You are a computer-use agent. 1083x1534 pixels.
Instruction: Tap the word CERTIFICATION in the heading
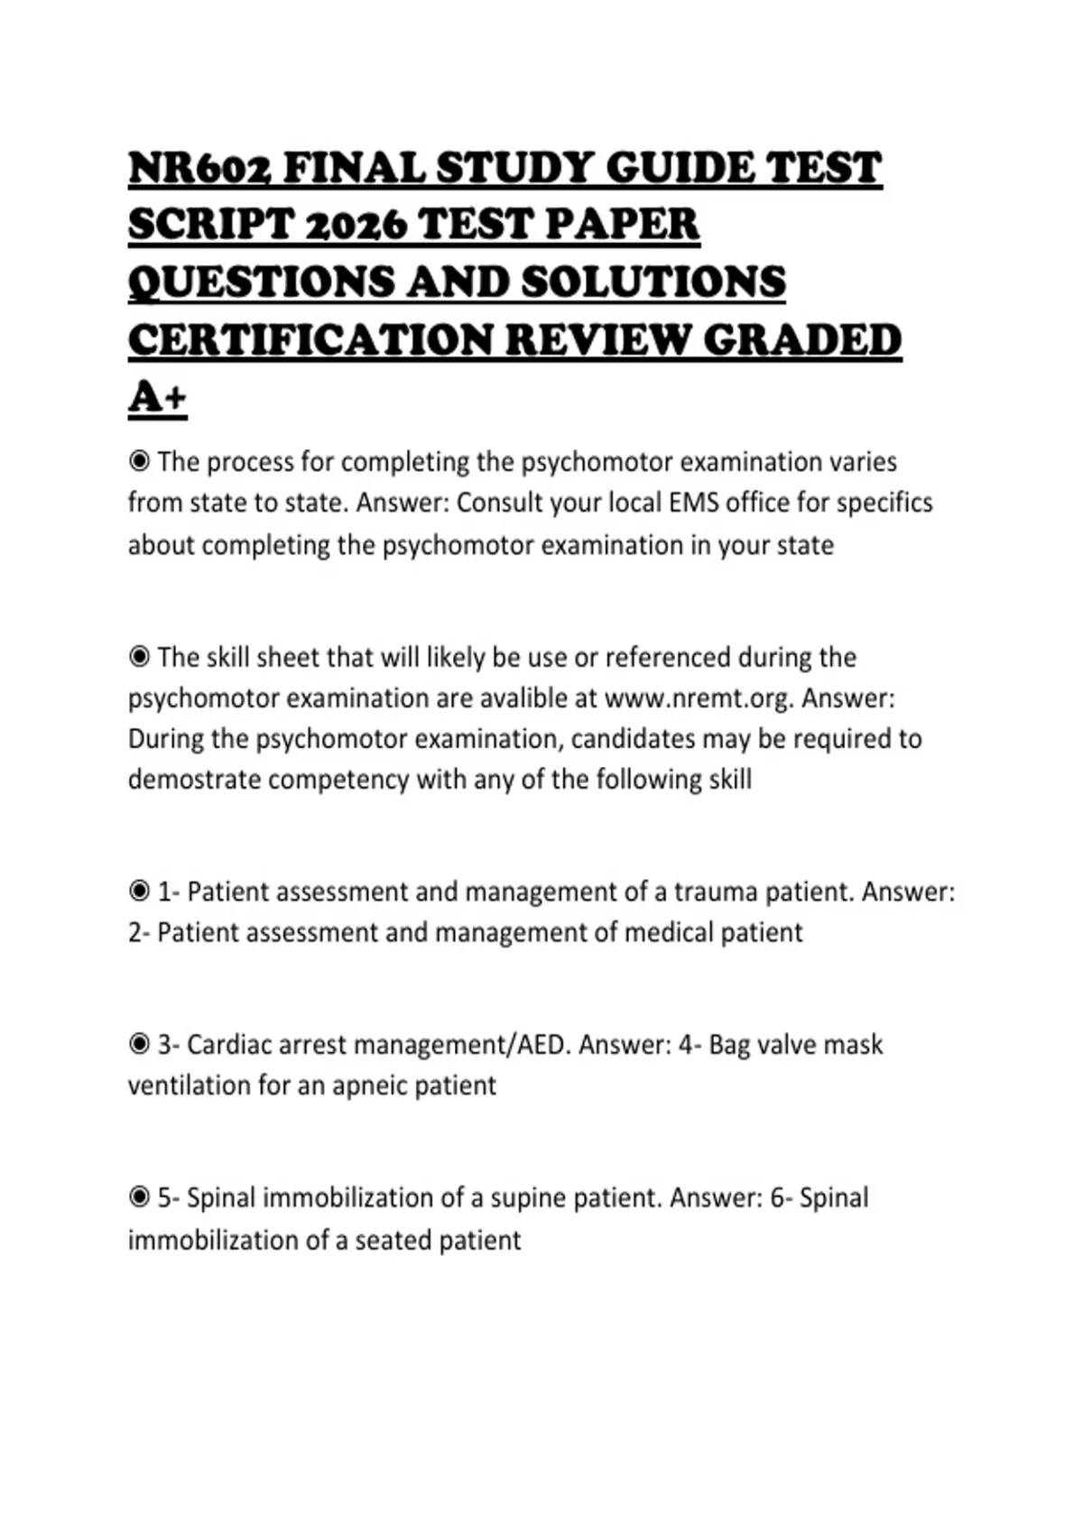click(310, 340)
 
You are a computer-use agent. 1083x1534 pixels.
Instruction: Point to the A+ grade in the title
click(157, 397)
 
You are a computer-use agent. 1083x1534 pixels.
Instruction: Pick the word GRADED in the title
click(801, 340)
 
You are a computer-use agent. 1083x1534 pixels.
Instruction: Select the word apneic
click(370, 1085)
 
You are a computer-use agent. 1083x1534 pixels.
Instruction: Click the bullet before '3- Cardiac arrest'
click(139, 1044)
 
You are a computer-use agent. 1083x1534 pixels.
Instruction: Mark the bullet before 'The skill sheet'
click(139, 657)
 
